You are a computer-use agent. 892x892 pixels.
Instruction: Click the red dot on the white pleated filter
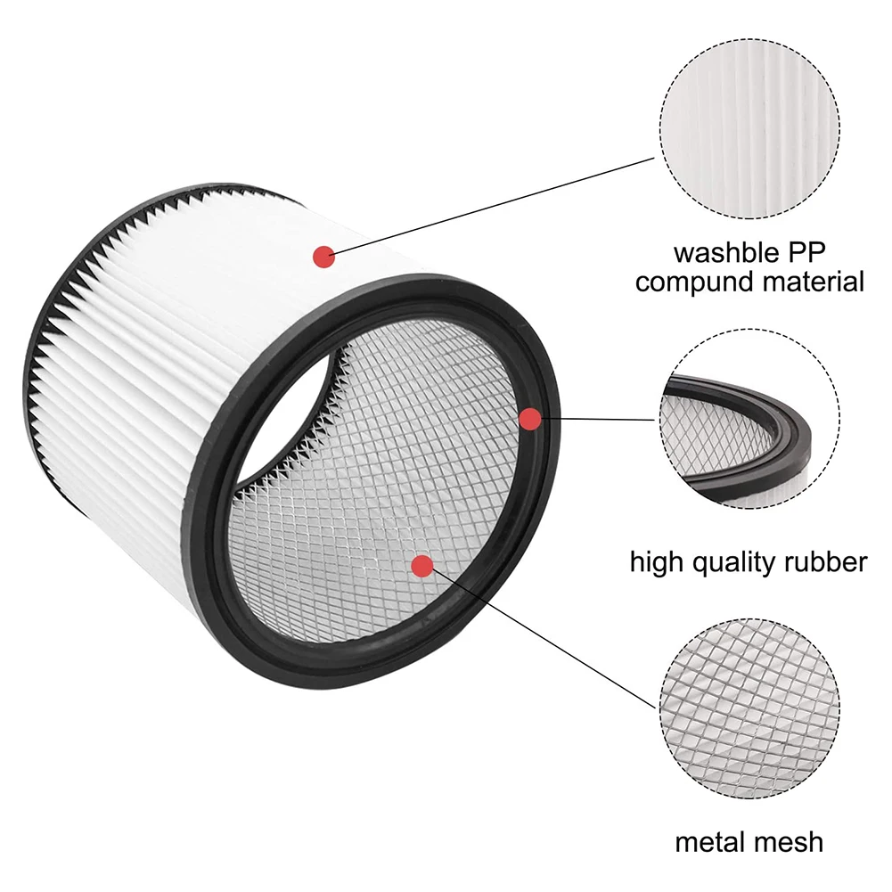323,257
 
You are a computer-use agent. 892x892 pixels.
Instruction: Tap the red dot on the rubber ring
529,417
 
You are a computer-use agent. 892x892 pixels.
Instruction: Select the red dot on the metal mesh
422,565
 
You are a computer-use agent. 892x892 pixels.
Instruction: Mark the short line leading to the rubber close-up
597,418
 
